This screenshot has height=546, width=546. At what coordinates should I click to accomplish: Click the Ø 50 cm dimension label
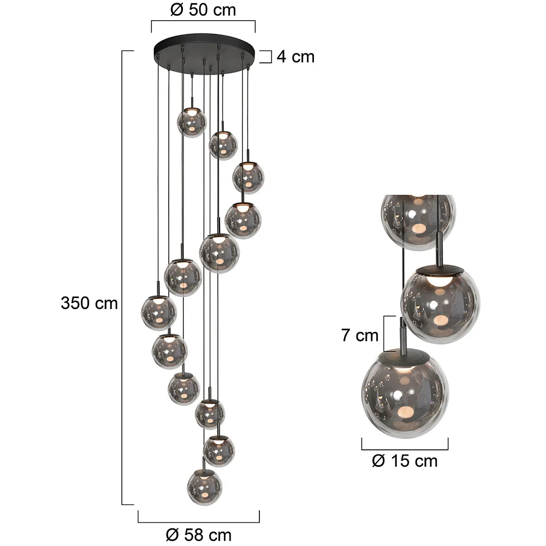(x=203, y=10)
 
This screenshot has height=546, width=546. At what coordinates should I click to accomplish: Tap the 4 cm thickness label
(x=295, y=57)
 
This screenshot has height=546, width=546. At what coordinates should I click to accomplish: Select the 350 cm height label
(x=89, y=303)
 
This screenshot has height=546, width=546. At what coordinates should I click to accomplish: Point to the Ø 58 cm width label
(x=199, y=535)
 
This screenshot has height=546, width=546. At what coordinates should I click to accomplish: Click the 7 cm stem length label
(x=360, y=335)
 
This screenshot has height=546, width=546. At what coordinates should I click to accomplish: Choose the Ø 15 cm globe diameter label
(x=405, y=461)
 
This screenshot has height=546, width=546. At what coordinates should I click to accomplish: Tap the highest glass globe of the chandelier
(x=192, y=122)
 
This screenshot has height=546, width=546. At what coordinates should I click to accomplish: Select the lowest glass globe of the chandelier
(x=204, y=487)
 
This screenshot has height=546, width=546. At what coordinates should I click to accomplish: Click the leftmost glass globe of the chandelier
(x=159, y=312)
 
